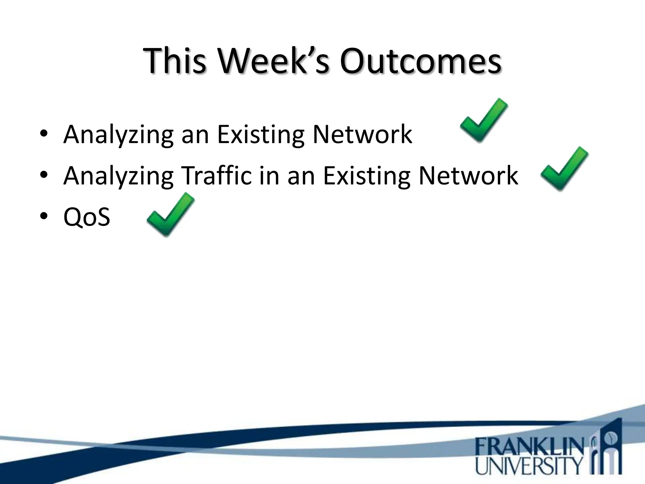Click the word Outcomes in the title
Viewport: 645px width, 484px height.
[420, 60]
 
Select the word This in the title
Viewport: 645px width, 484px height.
[175, 60]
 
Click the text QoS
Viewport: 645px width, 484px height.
[87, 217]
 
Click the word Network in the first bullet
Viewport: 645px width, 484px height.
[362, 134]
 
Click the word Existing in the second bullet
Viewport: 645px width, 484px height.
[367, 176]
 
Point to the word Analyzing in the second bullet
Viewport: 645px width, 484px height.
[118, 176]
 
